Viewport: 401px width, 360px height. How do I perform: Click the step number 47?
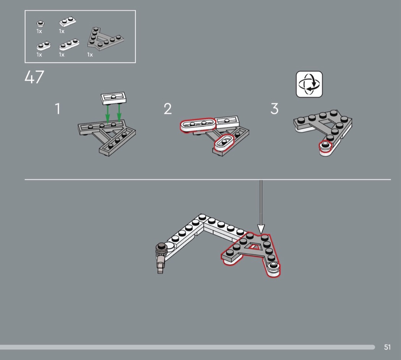point(34,77)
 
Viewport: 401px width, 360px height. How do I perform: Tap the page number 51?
point(387,347)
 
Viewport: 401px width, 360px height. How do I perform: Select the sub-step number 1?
point(58,109)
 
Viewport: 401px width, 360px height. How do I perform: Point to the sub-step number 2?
point(168,109)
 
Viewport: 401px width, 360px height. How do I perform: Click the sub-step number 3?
point(275,109)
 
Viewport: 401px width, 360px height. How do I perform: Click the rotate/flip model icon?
point(309,84)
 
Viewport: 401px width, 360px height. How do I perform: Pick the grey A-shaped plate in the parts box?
point(105,39)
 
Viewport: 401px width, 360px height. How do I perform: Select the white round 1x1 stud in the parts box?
point(40,24)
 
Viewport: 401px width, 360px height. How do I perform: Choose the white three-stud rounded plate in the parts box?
point(69,44)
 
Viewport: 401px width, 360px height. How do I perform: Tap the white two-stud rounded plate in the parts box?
point(44,45)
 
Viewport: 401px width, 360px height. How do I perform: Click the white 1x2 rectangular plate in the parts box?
point(68,22)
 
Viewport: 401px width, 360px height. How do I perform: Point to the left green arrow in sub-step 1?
point(108,114)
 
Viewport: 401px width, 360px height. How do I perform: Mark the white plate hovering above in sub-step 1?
point(113,98)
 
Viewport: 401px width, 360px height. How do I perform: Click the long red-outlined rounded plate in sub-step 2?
point(197,125)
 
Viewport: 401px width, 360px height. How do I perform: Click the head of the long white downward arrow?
point(261,229)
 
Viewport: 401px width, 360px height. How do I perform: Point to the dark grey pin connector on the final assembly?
point(161,257)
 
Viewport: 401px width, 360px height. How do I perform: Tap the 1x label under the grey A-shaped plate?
point(90,55)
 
